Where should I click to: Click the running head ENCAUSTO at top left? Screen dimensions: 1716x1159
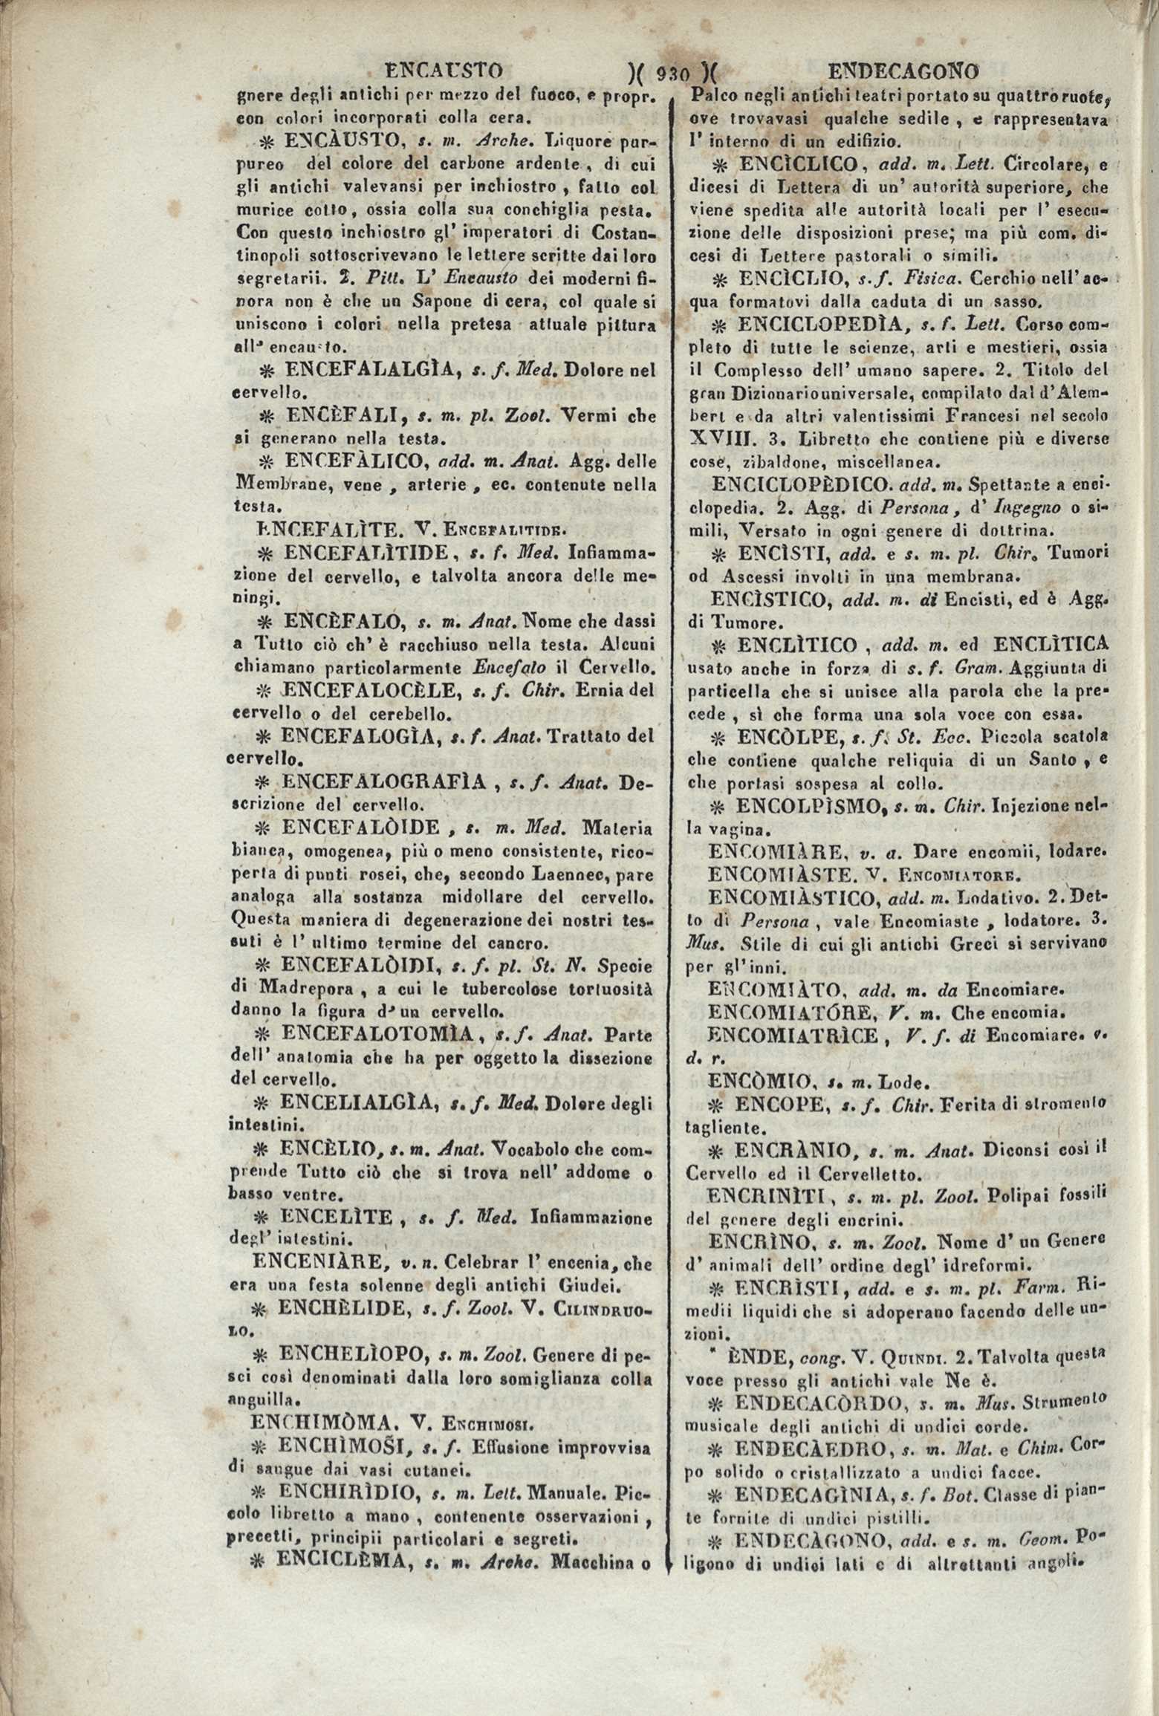444,71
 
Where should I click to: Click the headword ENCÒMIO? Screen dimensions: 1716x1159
750,1082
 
